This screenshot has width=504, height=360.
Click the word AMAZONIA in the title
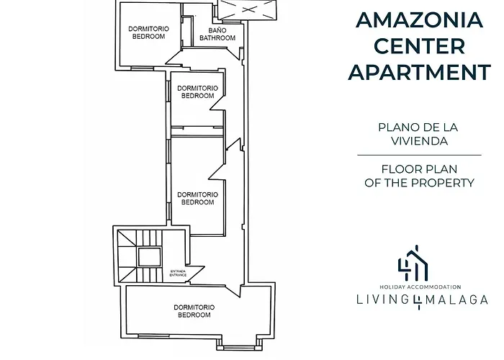point(419,20)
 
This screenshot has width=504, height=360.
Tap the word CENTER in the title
point(419,46)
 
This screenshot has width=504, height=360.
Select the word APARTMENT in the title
point(419,72)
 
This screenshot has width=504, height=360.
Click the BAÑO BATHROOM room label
point(217,34)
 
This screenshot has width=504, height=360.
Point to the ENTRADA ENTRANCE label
point(178,273)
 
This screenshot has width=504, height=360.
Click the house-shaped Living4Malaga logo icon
point(414,263)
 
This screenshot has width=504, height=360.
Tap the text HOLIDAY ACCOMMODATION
point(420,287)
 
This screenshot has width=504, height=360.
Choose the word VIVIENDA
point(419,141)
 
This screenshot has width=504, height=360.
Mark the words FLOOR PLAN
point(419,169)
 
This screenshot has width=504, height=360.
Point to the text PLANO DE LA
point(418,127)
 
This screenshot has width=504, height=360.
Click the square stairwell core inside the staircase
point(150,256)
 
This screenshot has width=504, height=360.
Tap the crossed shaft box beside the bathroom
point(248,9)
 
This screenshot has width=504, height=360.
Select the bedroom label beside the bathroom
point(148,32)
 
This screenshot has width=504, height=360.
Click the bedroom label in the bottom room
point(194,311)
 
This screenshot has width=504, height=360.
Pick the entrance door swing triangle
point(193,274)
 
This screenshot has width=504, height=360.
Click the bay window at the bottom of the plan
point(239,344)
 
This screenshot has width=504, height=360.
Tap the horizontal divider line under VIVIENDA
point(419,156)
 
